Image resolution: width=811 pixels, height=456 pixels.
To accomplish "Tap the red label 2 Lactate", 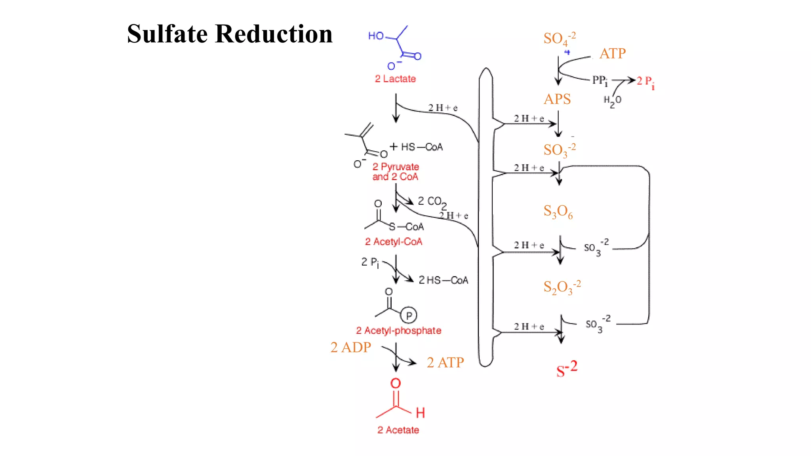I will point(395,79).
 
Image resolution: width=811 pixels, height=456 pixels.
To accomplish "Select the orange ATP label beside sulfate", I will point(612,53).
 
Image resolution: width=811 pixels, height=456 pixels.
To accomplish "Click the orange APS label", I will point(557,99).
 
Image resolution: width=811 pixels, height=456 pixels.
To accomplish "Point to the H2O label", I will point(612,101).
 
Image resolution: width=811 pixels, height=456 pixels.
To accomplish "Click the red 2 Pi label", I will point(645,82).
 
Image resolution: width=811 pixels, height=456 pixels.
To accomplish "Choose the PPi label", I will point(600,81).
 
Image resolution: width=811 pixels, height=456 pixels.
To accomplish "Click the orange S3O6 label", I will point(558,212).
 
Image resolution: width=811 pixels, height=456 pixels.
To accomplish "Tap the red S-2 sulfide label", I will point(567,369).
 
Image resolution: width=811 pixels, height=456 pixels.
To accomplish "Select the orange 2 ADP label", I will point(350,347).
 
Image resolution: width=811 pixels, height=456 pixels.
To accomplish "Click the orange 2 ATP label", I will point(445,363).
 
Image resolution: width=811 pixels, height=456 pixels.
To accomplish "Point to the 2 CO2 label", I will point(432,202).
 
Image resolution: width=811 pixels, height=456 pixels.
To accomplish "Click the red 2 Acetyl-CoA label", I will point(394,241).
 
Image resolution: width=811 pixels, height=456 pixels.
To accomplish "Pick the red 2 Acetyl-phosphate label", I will point(398,331).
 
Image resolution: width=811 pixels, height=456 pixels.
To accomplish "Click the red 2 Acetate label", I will point(398,430).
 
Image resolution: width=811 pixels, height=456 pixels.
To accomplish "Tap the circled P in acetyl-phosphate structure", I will point(409,315).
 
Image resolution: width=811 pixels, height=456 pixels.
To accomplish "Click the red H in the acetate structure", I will point(421,413).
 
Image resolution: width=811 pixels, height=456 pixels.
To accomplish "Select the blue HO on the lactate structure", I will point(376,36).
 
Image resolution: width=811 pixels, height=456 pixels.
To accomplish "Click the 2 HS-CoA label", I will point(443,280).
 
